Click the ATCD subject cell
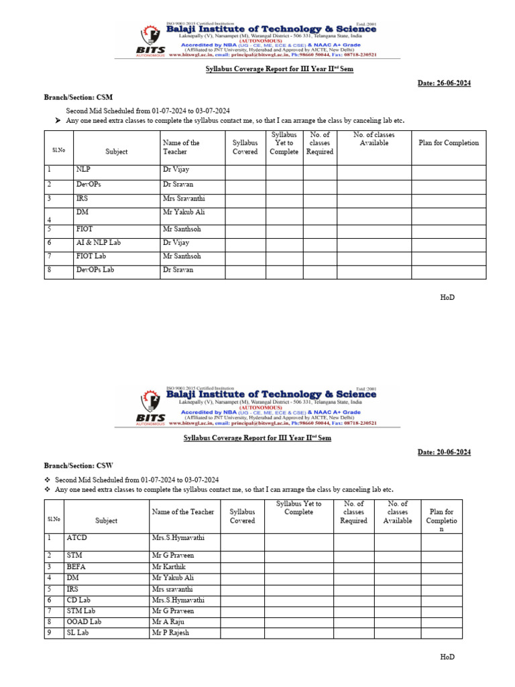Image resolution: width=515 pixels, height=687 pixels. click(x=77, y=538)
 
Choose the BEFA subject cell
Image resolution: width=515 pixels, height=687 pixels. click(x=76, y=567)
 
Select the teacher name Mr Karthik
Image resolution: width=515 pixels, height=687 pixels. click(x=169, y=567)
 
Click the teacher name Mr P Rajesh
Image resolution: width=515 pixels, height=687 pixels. click(x=171, y=633)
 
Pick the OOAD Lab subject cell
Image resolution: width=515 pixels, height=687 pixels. click(x=84, y=622)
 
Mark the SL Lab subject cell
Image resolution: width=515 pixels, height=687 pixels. click(x=78, y=633)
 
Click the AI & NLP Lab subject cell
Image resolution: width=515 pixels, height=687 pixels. click(x=99, y=243)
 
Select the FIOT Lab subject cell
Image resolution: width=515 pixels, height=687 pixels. click(x=91, y=256)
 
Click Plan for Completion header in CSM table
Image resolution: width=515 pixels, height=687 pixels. click(x=449, y=143)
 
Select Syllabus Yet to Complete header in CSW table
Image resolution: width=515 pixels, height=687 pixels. click(x=298, y=508)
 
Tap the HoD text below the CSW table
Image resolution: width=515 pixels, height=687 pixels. click(x=447, y=657)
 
